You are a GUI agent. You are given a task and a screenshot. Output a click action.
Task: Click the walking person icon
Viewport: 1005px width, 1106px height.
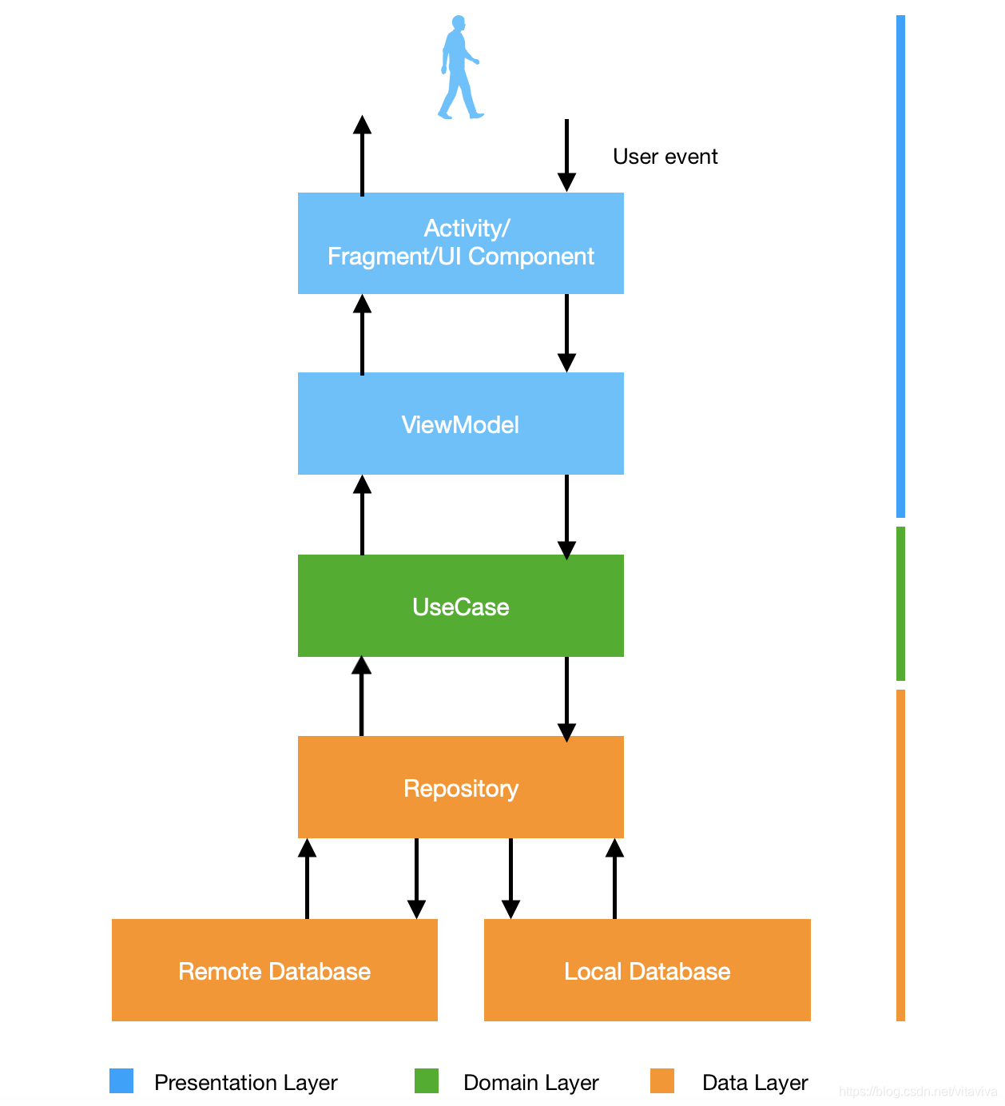pos(459,68)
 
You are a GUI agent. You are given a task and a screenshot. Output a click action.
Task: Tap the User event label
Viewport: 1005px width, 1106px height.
pos(665,157)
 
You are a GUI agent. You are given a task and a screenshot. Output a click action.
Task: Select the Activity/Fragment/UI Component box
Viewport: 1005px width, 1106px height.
pos(460,243)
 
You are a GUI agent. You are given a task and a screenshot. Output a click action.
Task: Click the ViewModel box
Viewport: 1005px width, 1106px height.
pos(460,424)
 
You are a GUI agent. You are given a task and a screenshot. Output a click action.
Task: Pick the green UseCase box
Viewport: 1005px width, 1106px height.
pos(460,606)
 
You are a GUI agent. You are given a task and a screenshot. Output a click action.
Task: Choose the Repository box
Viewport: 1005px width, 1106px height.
pos(460,787)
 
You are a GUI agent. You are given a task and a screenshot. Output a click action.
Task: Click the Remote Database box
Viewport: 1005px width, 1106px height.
pos(274,970)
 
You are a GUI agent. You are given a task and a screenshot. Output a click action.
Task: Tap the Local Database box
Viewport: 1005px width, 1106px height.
pos(647,970)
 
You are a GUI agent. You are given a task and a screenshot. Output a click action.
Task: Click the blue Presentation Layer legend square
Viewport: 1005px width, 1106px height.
pos(121,1081)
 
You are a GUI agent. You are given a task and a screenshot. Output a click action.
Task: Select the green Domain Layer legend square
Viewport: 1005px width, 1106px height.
pos(427,1081)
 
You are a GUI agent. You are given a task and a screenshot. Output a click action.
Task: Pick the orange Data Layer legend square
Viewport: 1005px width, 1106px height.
pos(662,1081)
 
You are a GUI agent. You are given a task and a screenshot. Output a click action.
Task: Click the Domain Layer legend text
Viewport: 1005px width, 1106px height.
pos(530,1083)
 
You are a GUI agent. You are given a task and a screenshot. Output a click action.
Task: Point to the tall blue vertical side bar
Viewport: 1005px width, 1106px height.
pos(900,266)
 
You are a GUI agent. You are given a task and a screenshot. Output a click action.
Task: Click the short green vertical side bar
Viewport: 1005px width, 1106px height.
pos(900,603)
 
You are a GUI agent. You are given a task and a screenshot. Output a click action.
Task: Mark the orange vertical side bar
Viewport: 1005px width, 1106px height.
pos(900,855)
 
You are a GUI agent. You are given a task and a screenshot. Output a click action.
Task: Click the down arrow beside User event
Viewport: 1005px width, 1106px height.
pos(566,155)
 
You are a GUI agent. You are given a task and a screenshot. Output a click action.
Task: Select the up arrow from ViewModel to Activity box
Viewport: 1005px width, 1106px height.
pos(362,334)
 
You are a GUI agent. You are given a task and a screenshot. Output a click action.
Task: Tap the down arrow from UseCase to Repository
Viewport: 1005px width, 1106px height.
pos(566,698)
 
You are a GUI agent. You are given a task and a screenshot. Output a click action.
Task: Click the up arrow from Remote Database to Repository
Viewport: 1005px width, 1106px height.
pos(307,878)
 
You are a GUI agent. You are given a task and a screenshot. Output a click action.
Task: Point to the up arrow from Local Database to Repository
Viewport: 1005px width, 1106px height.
pos(614,878)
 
